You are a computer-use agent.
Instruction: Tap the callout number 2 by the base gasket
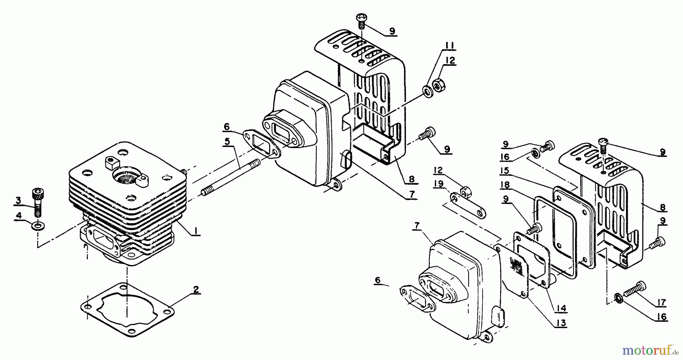[195, 290]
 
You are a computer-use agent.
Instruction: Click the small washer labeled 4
[37, 226]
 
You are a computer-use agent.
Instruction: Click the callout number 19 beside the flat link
[438, 184]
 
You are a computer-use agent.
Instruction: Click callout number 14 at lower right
[561, 309]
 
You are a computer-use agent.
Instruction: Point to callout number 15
[504, 171]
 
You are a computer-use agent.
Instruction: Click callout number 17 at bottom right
[661, 302]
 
